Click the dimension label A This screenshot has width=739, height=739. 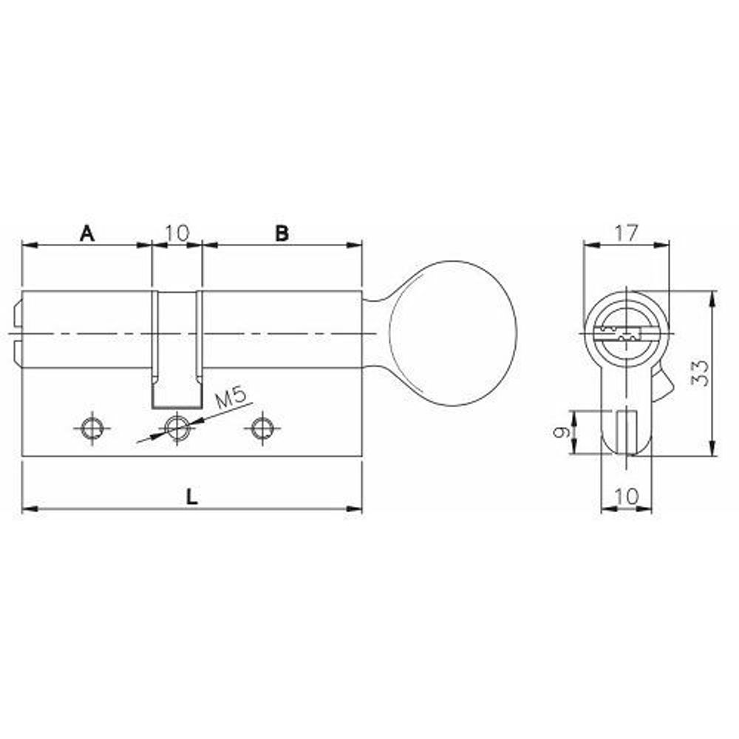(87, 233)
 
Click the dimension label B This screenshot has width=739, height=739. (282, 233)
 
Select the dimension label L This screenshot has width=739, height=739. (191, 497)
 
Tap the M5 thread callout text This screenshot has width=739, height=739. (231, 399)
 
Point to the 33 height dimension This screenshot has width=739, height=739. (701, 373)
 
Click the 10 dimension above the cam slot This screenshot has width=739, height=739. (177, 232)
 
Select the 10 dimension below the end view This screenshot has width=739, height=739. (627, 496)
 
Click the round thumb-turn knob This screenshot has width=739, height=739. (453, 333)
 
